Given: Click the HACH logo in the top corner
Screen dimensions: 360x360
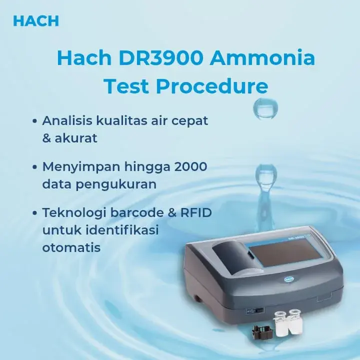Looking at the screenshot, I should (x=35, y=21).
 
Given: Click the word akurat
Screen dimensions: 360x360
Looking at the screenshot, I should (x=76, y=138).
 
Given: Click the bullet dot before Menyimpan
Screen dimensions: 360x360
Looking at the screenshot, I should (x=34, y=167).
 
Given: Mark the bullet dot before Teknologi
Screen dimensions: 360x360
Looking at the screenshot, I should (x=34, y=213).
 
